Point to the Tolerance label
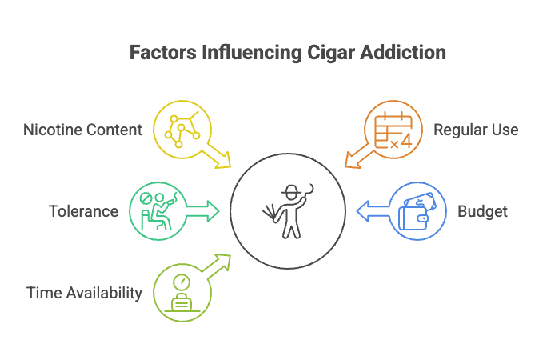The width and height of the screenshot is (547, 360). [x=83, y=212]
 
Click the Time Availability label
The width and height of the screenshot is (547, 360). [x=82, y=293]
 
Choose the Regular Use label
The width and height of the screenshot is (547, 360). [x=475, y=129]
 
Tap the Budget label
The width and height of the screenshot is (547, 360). [x=482, y=212]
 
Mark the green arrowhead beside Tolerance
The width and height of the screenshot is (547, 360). [x=211, y=211]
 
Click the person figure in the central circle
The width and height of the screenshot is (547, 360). [x=289, y=211]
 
